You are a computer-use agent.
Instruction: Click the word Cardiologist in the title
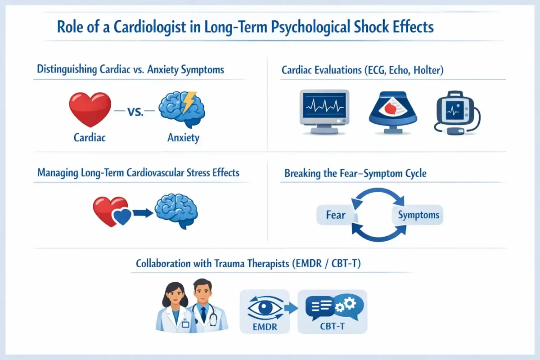click(x=150, y=27)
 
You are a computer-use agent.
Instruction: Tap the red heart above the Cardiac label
click(x=90, y=109)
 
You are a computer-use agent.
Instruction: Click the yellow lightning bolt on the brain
click(x=189, y=102)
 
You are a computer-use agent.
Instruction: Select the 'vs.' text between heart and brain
click(x=135, y=112)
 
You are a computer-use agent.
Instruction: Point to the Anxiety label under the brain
click(x=184, y=138)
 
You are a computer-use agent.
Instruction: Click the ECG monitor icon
click(x=324, y=112)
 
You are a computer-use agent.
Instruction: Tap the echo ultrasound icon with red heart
click(x=393, y=112)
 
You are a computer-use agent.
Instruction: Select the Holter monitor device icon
click(x=457, y=112)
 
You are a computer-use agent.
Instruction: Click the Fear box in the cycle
click(x=336, y=215)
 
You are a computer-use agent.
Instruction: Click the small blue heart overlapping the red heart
click(x=122, y=216)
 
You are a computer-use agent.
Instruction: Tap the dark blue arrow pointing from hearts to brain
click(x=143, y=213)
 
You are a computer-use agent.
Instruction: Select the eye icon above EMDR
click(x=265, y=308)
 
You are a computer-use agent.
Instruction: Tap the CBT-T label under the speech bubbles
click(x=332, y=326)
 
